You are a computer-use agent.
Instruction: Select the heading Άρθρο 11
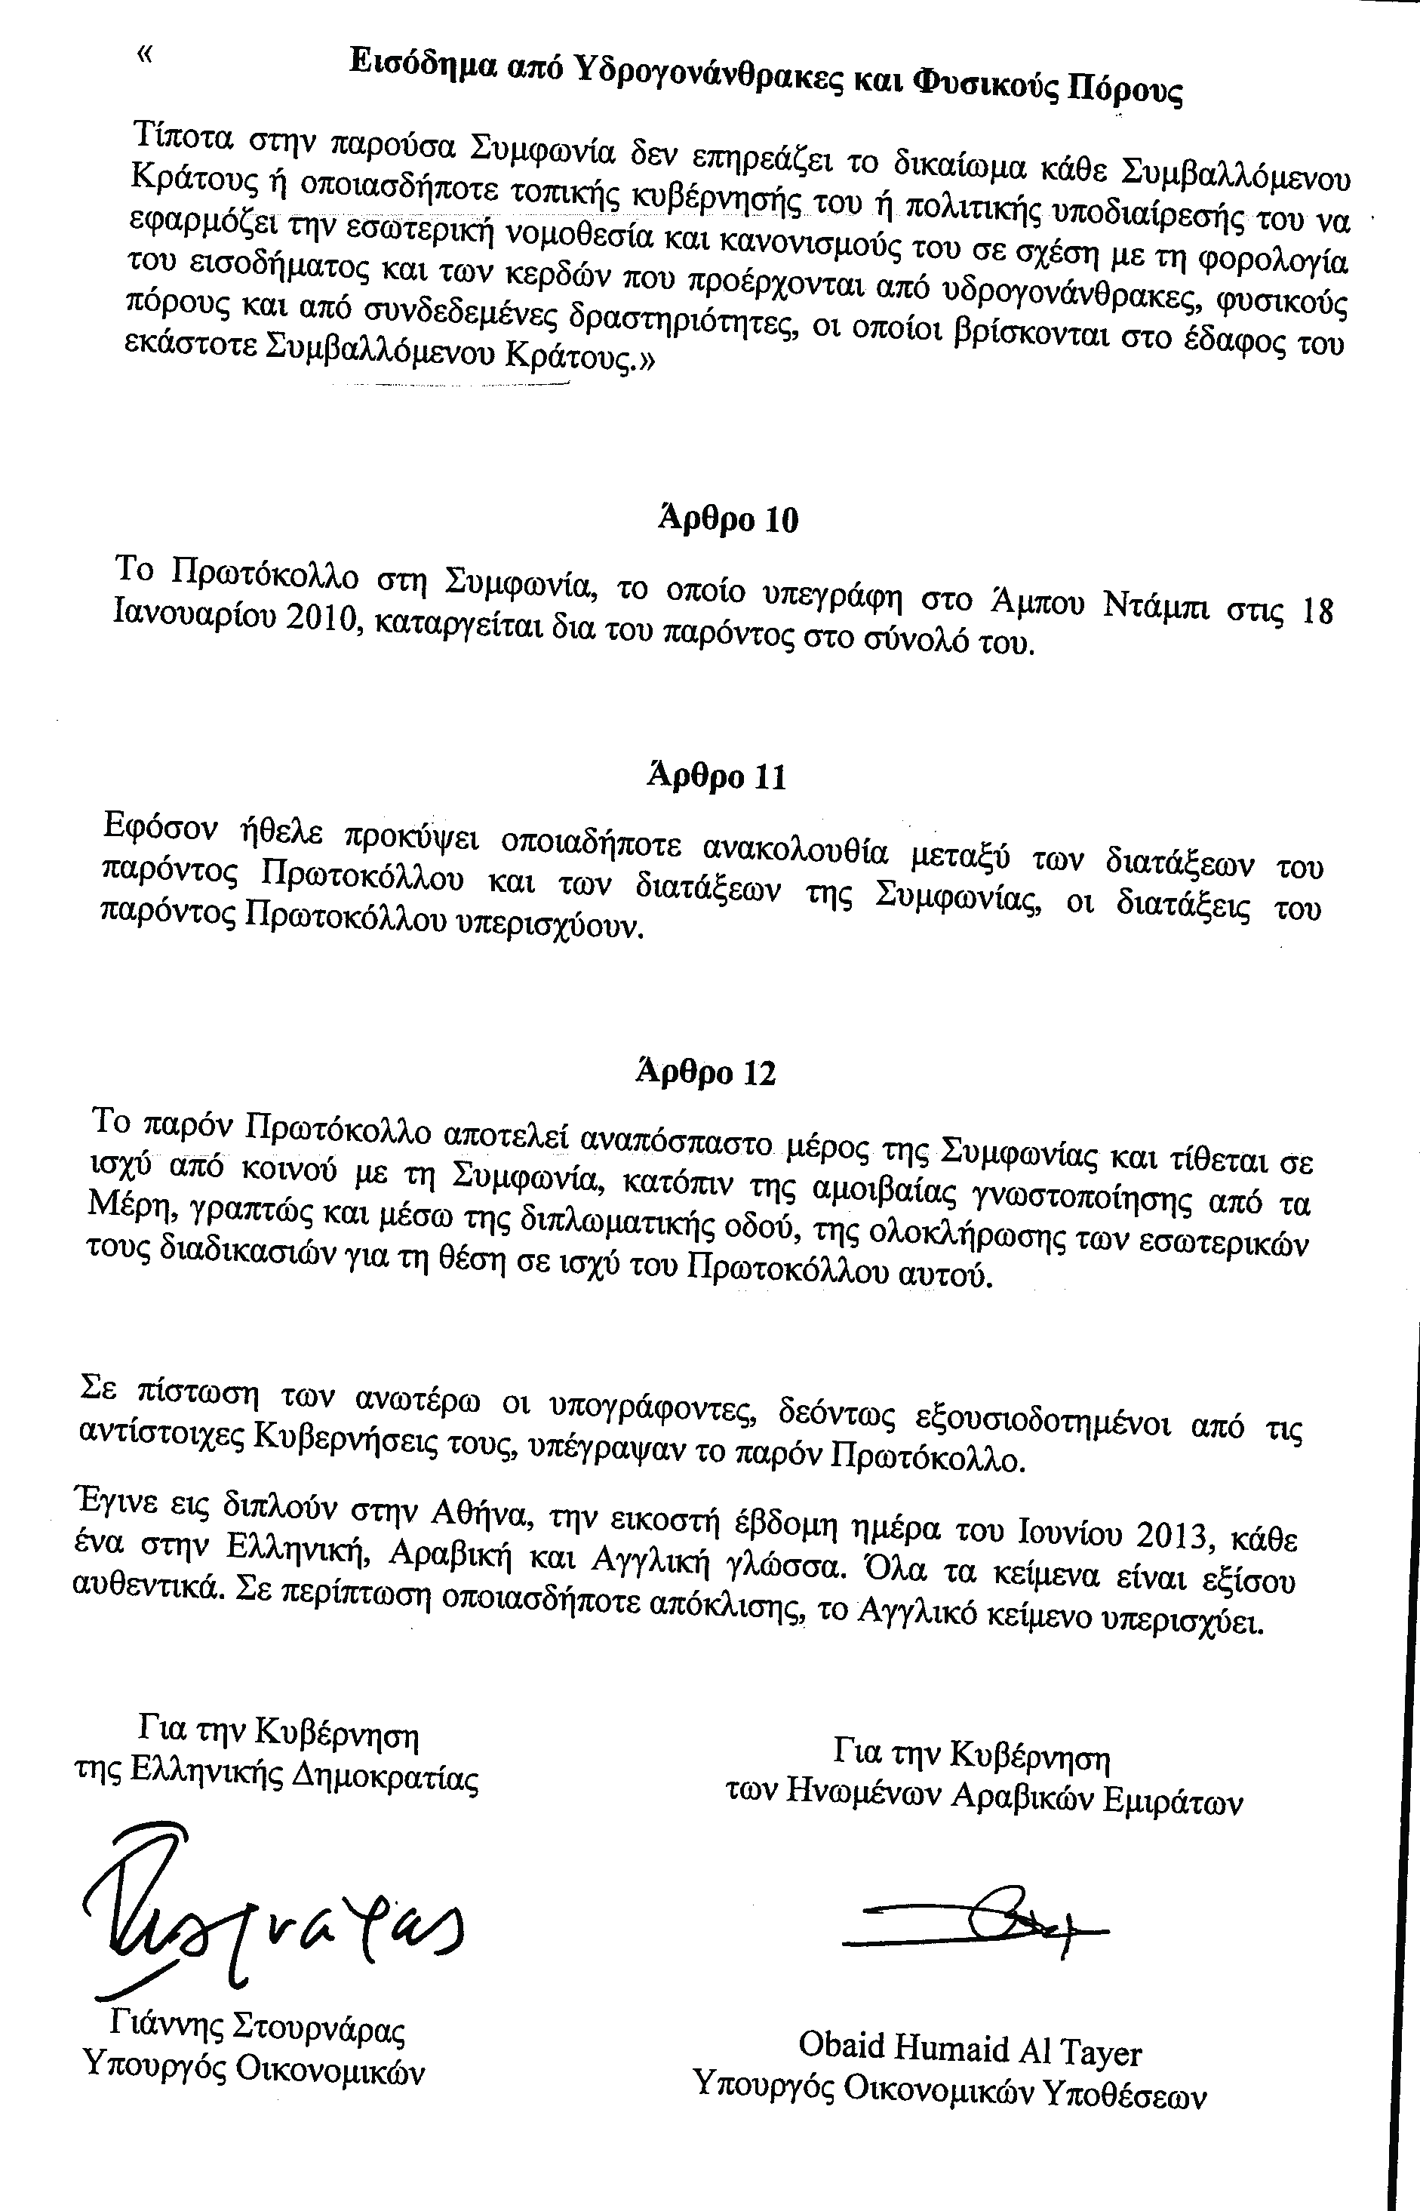717,776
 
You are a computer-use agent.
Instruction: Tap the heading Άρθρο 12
706,1072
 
